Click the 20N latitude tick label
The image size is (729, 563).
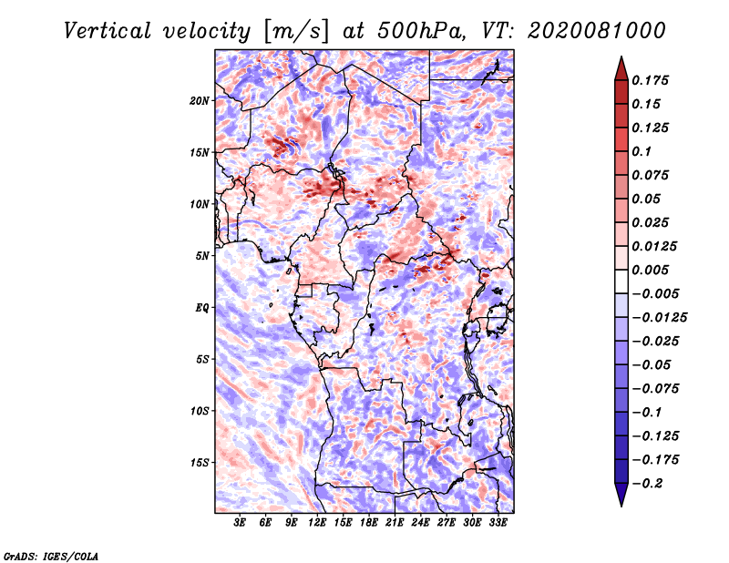coord(200,101)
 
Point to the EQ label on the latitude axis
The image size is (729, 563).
coord(201,308)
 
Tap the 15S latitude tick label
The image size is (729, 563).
coord(200,463)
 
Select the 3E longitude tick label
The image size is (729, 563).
coord(240,523)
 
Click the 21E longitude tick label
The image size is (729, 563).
coord(395,523)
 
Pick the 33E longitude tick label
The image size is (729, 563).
coord(498,523)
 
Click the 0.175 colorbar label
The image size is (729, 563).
coord(650,80)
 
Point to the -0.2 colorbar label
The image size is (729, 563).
coord(648,484)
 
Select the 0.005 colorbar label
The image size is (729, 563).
coord(650,270)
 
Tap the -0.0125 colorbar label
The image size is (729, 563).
coord(659,318)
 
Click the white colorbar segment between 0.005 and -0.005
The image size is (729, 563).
coord(621,281)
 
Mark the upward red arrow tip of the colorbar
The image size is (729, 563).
coord(621,56)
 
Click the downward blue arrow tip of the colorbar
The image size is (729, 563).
coord(621,507)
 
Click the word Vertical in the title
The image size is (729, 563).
coord(108,31)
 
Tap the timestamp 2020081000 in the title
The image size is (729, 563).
coord(597,31)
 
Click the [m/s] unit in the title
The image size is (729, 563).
coord(296,31)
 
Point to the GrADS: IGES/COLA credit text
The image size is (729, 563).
coord(51,556)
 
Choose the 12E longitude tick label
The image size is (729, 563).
coord(316,523)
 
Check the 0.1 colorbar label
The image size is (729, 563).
coord(642,151)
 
